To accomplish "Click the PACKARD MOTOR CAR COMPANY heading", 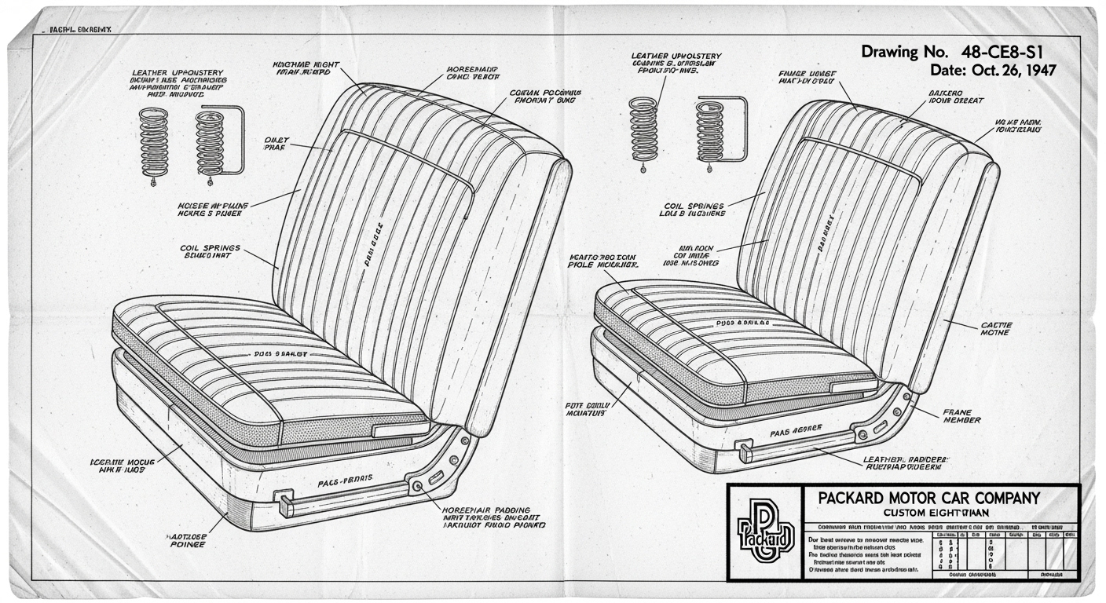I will coord(928,498).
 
